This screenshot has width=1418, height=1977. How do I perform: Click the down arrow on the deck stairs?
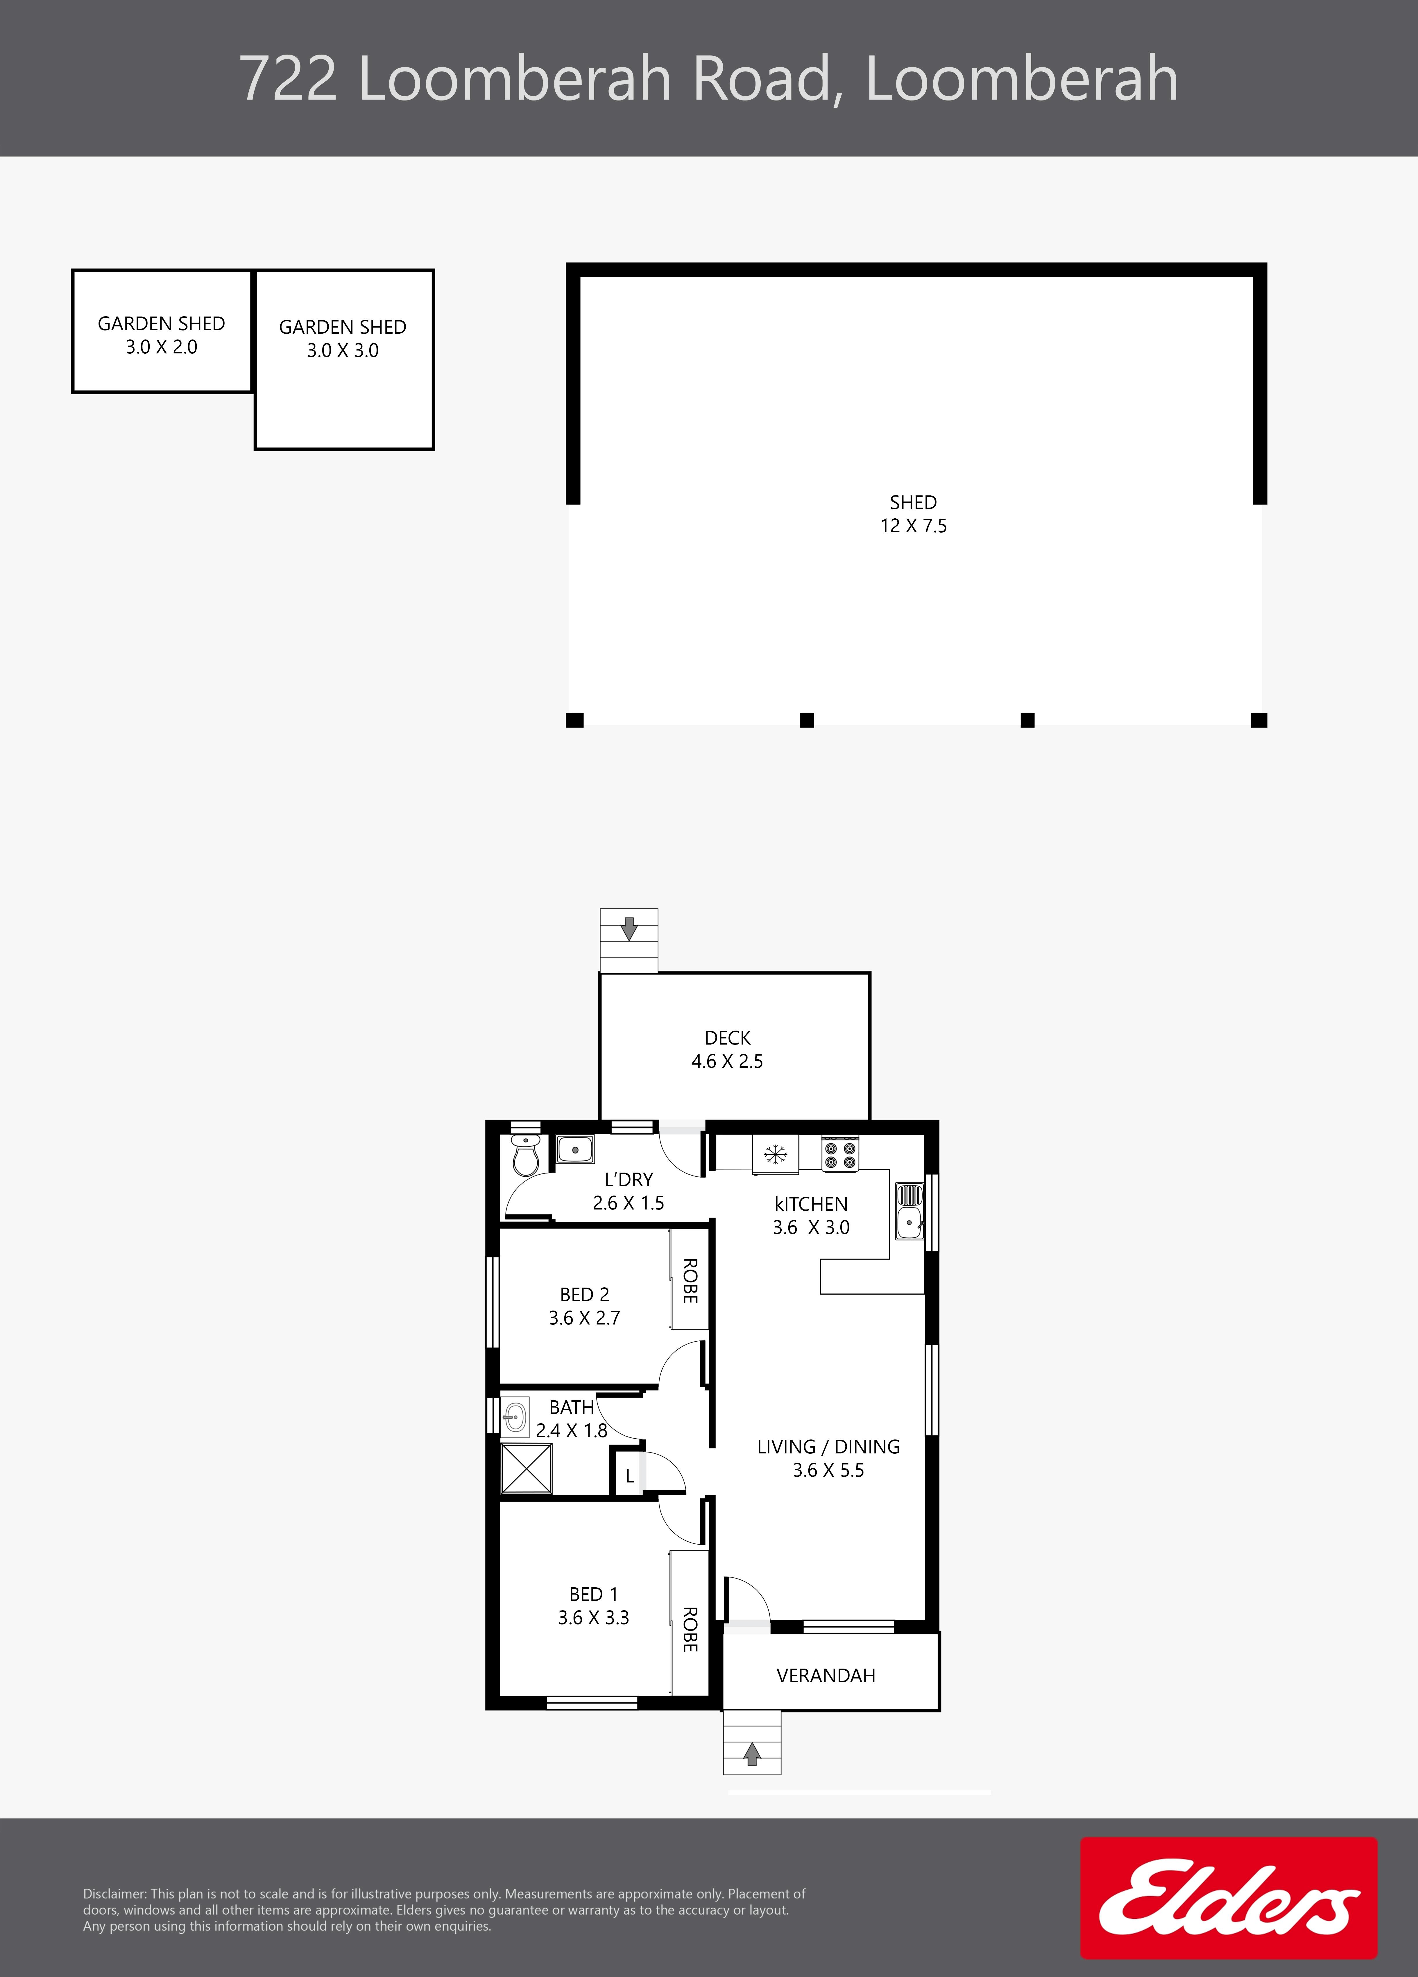(629, 928)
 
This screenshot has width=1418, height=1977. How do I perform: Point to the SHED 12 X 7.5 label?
(913, 513)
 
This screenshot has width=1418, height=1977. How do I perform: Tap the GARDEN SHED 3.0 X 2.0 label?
(161, 335)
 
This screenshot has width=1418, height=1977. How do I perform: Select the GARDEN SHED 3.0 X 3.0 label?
(343, 338)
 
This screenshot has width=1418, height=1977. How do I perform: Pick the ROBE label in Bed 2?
(690, 1281)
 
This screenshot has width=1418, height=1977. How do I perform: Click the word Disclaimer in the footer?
(114, 1893)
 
